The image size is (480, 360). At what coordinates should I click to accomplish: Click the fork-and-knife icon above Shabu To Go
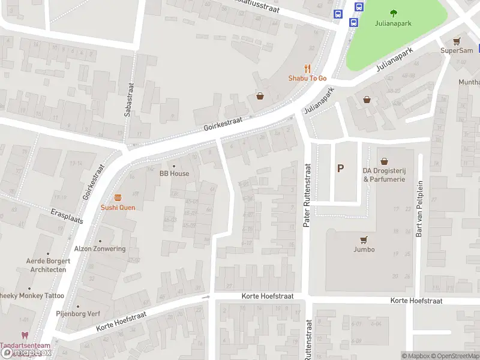(307, 68)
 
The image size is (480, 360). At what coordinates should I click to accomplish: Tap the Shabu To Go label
(307, 79)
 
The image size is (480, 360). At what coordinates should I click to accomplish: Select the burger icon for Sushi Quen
(118, 197)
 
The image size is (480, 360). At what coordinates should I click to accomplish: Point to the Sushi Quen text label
(118, 208)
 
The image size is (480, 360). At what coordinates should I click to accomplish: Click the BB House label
(174, 173)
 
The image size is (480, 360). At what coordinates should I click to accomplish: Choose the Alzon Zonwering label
(100, 249)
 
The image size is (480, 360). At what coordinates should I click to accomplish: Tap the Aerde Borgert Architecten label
(48, 265)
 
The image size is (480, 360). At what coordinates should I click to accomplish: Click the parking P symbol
(341, 169)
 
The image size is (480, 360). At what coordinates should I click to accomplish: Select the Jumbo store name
(364, 250)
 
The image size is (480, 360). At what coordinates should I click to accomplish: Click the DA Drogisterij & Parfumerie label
(384, 175)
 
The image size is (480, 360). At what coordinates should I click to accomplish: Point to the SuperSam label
(457, 50)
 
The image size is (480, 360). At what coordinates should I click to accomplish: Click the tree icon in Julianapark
(394, 13)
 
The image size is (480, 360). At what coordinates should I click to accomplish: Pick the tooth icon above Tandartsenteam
(25, 336)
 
